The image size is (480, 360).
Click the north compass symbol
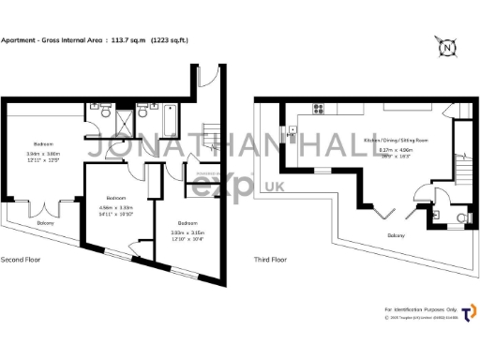448,47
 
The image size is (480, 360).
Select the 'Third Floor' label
270,260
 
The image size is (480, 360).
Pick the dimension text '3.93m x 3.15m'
187,232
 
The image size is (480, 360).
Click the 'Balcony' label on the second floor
46,222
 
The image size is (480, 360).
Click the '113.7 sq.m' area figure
130,40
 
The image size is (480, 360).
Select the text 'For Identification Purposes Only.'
419,308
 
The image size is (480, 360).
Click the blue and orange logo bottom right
469,310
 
